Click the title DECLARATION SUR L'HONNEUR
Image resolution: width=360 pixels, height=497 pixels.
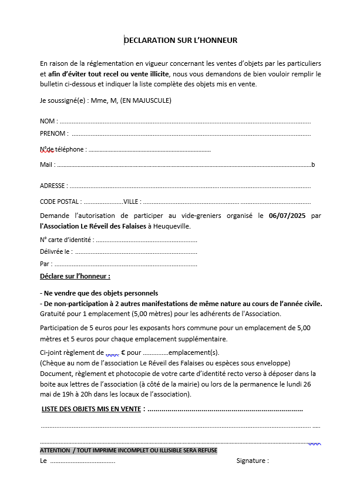(x=180, y=41)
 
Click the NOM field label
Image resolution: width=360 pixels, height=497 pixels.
(x=48, y=121)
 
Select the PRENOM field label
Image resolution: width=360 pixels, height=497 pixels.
(x=53, y=133)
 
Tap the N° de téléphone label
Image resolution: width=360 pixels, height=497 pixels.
(x=62, y=149)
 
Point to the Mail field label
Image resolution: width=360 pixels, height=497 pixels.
(x=46, y=164)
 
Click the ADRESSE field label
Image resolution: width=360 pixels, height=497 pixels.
(x=52, y=186)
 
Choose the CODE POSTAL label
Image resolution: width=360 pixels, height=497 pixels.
(x=60, y=202)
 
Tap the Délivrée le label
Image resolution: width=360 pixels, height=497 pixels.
(x=56, y=251)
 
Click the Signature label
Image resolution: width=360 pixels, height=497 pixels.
(x=252, y=461)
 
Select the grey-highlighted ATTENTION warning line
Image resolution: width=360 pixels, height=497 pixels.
(x=129, y=451)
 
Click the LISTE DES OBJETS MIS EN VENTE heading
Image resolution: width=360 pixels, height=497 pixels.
(x=91, y=409)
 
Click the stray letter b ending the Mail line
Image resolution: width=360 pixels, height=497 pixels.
(x=313, y=164)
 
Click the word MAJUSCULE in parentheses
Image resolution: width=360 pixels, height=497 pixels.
(x=152, y=100)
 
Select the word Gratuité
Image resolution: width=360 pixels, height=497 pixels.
(x=53, y=314)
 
